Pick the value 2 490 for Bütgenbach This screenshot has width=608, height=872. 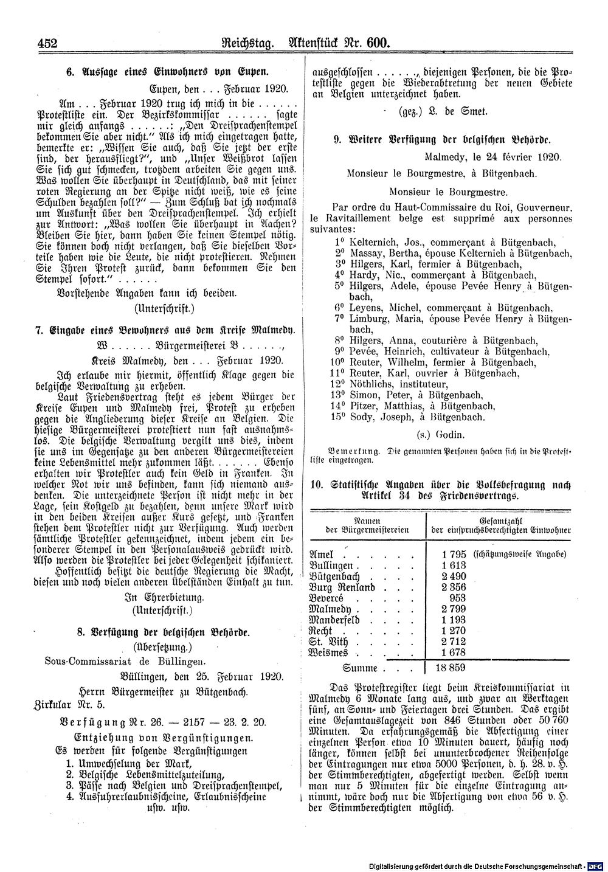point(454,576)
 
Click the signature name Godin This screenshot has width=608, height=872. point(450,435)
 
